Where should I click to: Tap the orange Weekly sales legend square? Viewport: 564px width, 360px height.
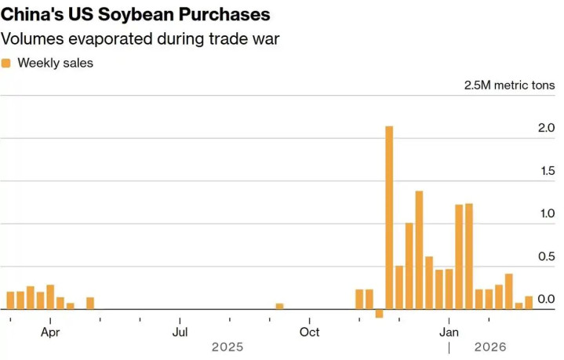(x=6, y=63)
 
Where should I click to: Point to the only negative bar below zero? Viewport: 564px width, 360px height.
(x=379, y=314)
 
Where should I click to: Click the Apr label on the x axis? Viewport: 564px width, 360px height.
(x=50, y=332)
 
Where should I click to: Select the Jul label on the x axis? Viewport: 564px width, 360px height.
(x=180, y=332)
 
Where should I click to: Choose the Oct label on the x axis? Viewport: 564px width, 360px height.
(x=309, y=332)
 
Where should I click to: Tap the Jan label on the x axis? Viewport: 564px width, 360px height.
(x=449, y=332)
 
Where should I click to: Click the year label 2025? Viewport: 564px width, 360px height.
(x=227, y=347)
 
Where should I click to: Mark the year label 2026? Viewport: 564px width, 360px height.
(x=490, y=347)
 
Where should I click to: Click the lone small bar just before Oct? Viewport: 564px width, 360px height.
(x=279, y=306)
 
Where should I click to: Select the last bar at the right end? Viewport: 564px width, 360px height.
(x=529, y=303)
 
